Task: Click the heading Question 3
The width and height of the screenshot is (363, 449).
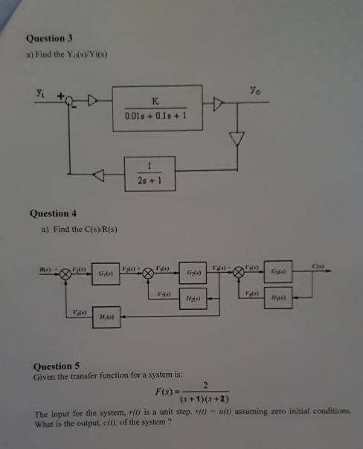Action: (48, 38)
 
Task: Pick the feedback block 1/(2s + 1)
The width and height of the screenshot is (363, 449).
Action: (151, 174)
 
